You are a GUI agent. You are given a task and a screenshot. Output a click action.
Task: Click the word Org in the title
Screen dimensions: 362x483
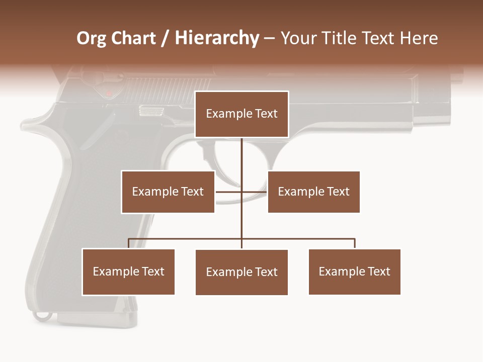pos(92,38)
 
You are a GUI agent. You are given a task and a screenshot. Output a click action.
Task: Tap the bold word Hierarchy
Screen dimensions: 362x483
pos(217,38)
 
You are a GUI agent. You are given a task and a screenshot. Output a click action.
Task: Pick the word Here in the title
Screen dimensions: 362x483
pos(419,38)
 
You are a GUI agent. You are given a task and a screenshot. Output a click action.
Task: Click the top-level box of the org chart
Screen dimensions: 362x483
pos(242,114)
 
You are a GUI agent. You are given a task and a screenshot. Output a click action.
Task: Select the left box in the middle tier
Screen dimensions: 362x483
pos(168,192)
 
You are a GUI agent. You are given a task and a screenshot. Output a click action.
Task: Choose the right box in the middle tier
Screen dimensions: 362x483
pos(313,192)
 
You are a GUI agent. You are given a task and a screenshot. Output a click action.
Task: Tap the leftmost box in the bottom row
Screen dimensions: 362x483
pos(128,271)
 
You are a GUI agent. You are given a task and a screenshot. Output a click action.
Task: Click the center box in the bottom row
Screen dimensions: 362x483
pos(242,272)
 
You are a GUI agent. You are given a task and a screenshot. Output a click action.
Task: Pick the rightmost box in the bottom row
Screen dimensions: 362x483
pos(354,271)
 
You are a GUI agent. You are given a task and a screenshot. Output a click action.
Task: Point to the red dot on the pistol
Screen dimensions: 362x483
pos(109,93)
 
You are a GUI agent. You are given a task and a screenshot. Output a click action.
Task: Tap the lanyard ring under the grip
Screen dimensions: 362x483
pos(42,315)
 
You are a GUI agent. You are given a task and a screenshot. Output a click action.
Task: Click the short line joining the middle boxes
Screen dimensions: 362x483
pos(241,192)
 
